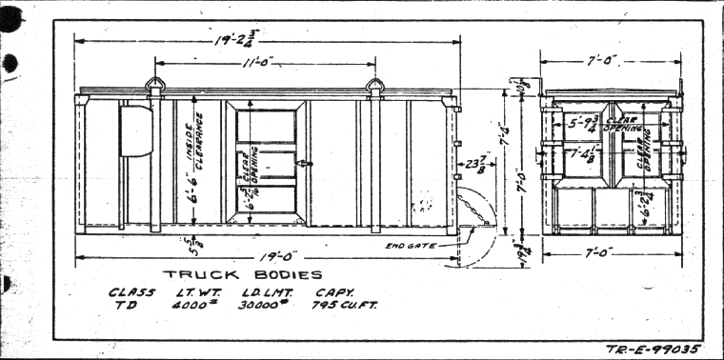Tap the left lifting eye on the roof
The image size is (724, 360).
pyautogui.click(x=155, y=86)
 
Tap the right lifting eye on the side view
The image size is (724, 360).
pyautogui.click(x=375, y=86)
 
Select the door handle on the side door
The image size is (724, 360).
pyautogui.click(x=302, y=164)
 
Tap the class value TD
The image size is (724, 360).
pyautogui.click(x=125, y=306)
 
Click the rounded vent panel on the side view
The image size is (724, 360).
pyautogui.click(x=136, y=130)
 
